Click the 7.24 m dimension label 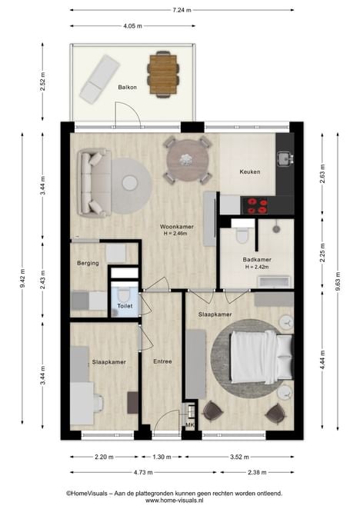[x=182, y=10]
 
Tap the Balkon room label [x=128, y=88]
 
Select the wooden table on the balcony [x=163, y=75]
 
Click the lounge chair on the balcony [x=100, y=79]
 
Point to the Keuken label [x=250, y=171]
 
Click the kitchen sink [x=285, y=158]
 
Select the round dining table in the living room [x=188, y=161]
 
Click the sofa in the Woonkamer [x=95, y=183]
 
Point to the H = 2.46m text [x=175, y=234]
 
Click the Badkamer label [x=257, y=260]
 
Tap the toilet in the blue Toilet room [x=124, y=294]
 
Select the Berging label [x=88, y=263]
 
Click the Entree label [x=162, y=361]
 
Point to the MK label [x=190, y=424]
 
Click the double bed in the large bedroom [x=262, y=357]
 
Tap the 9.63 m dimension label [x=338, y=282]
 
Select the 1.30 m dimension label [x=162, y=457]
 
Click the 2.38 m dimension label [x=257, y=472]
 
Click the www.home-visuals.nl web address [x=174, y=501]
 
